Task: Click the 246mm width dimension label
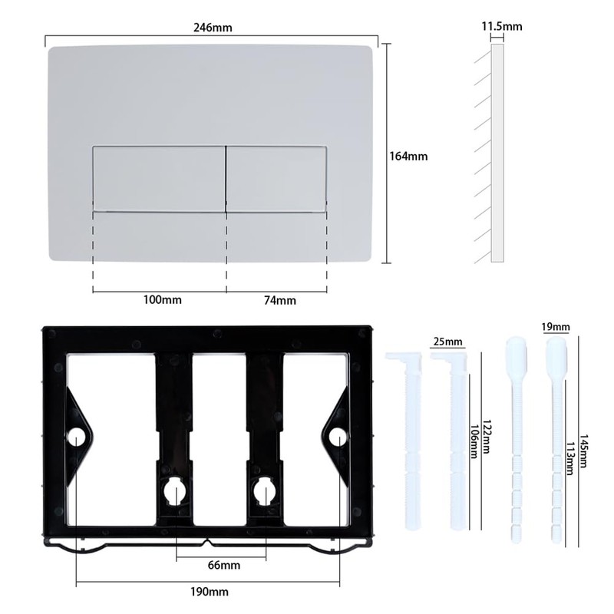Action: point(212,28)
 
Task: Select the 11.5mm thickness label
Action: point(501,27)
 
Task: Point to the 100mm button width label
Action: point(163,299)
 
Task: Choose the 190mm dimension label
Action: point(212,592)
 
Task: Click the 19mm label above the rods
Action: point(556,328)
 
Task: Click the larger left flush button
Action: point(159,177)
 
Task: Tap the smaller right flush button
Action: point(276,177)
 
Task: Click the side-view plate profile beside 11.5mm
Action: point(496,153)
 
